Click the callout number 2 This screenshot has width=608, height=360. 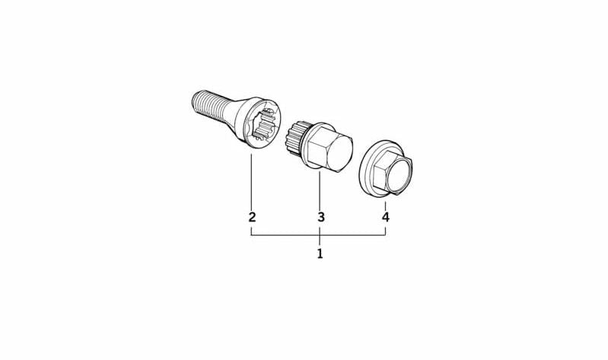point(252,217)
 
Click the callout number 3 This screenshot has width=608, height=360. point(320,217)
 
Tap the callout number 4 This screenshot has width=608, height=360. point(385,217)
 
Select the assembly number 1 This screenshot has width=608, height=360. point(320,253)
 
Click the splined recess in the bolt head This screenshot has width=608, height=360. point(265,124)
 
